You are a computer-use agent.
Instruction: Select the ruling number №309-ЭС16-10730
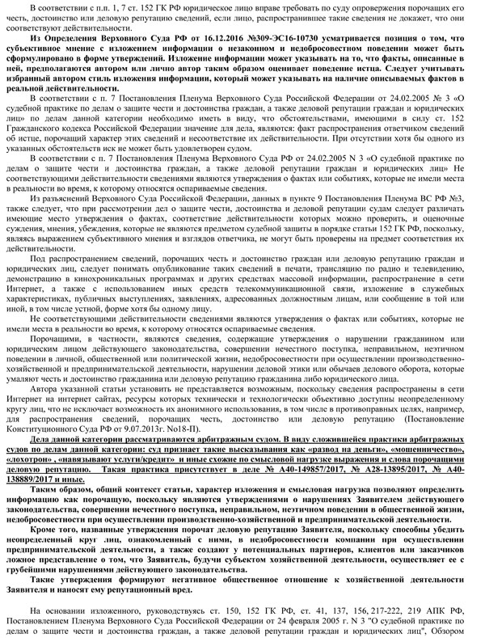point(271,38)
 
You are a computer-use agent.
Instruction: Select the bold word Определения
point(80,38)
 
